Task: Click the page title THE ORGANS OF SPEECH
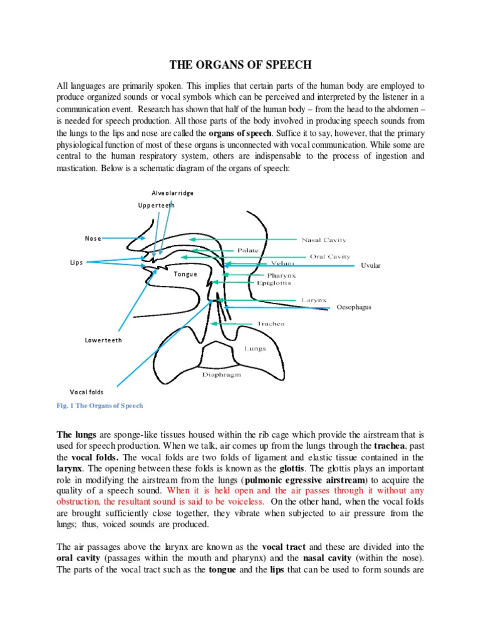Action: coord(240,65)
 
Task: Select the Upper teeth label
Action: coord(157,205)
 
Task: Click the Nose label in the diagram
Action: coord(93,238)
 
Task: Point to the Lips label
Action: coord(76,263)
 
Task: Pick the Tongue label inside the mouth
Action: coord(185,274)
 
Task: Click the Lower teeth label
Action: coord(103,340)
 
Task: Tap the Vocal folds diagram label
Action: coord(86,391)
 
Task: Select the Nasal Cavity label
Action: coord(324,239)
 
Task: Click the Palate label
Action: coord(247,250)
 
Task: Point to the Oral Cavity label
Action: coord(330,256)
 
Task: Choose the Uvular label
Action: coord(371,266)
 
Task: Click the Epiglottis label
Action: coord(274,283)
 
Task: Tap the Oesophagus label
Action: coord(354,307)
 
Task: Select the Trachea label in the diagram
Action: coord(271,324)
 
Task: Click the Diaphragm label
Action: coord(222,374)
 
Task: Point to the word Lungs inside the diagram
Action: coord(255,348)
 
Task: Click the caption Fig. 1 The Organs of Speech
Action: coord(100,406)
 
